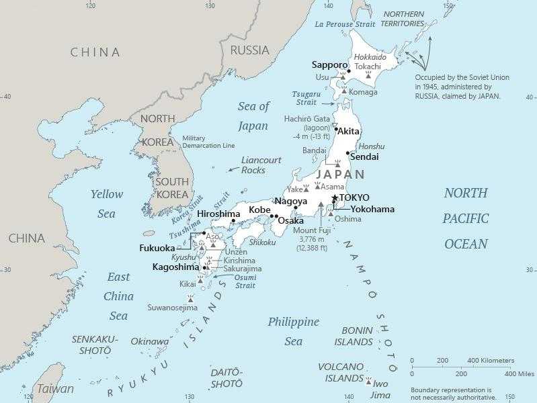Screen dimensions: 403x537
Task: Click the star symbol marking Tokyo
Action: (335, 197)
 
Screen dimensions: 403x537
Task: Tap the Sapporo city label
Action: (329, 65)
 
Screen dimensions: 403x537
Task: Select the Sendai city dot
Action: (347, 153)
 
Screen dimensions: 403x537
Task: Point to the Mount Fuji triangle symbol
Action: (321, 204)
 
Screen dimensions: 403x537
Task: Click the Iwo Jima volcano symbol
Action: (368, 381)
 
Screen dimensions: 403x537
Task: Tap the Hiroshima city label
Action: (218, 214)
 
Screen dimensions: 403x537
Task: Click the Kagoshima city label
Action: (175, 267)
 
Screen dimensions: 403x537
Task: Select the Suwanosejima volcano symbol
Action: (191, 297)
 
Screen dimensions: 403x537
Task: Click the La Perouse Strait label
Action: (345, 24)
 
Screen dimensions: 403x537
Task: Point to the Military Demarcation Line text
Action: (208, 142)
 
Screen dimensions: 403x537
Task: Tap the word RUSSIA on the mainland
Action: (249, 50)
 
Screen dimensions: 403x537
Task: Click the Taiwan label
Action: (55, 389)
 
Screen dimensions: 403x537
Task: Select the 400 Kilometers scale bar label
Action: (492, 361)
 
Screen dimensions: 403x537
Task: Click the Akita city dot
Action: (336, 129)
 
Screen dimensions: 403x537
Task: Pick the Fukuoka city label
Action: (157, 248)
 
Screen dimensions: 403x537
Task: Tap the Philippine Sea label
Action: (293, 331)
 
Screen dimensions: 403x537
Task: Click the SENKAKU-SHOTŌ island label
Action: (95, 345)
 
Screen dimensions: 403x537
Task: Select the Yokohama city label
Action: (372, 209)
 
